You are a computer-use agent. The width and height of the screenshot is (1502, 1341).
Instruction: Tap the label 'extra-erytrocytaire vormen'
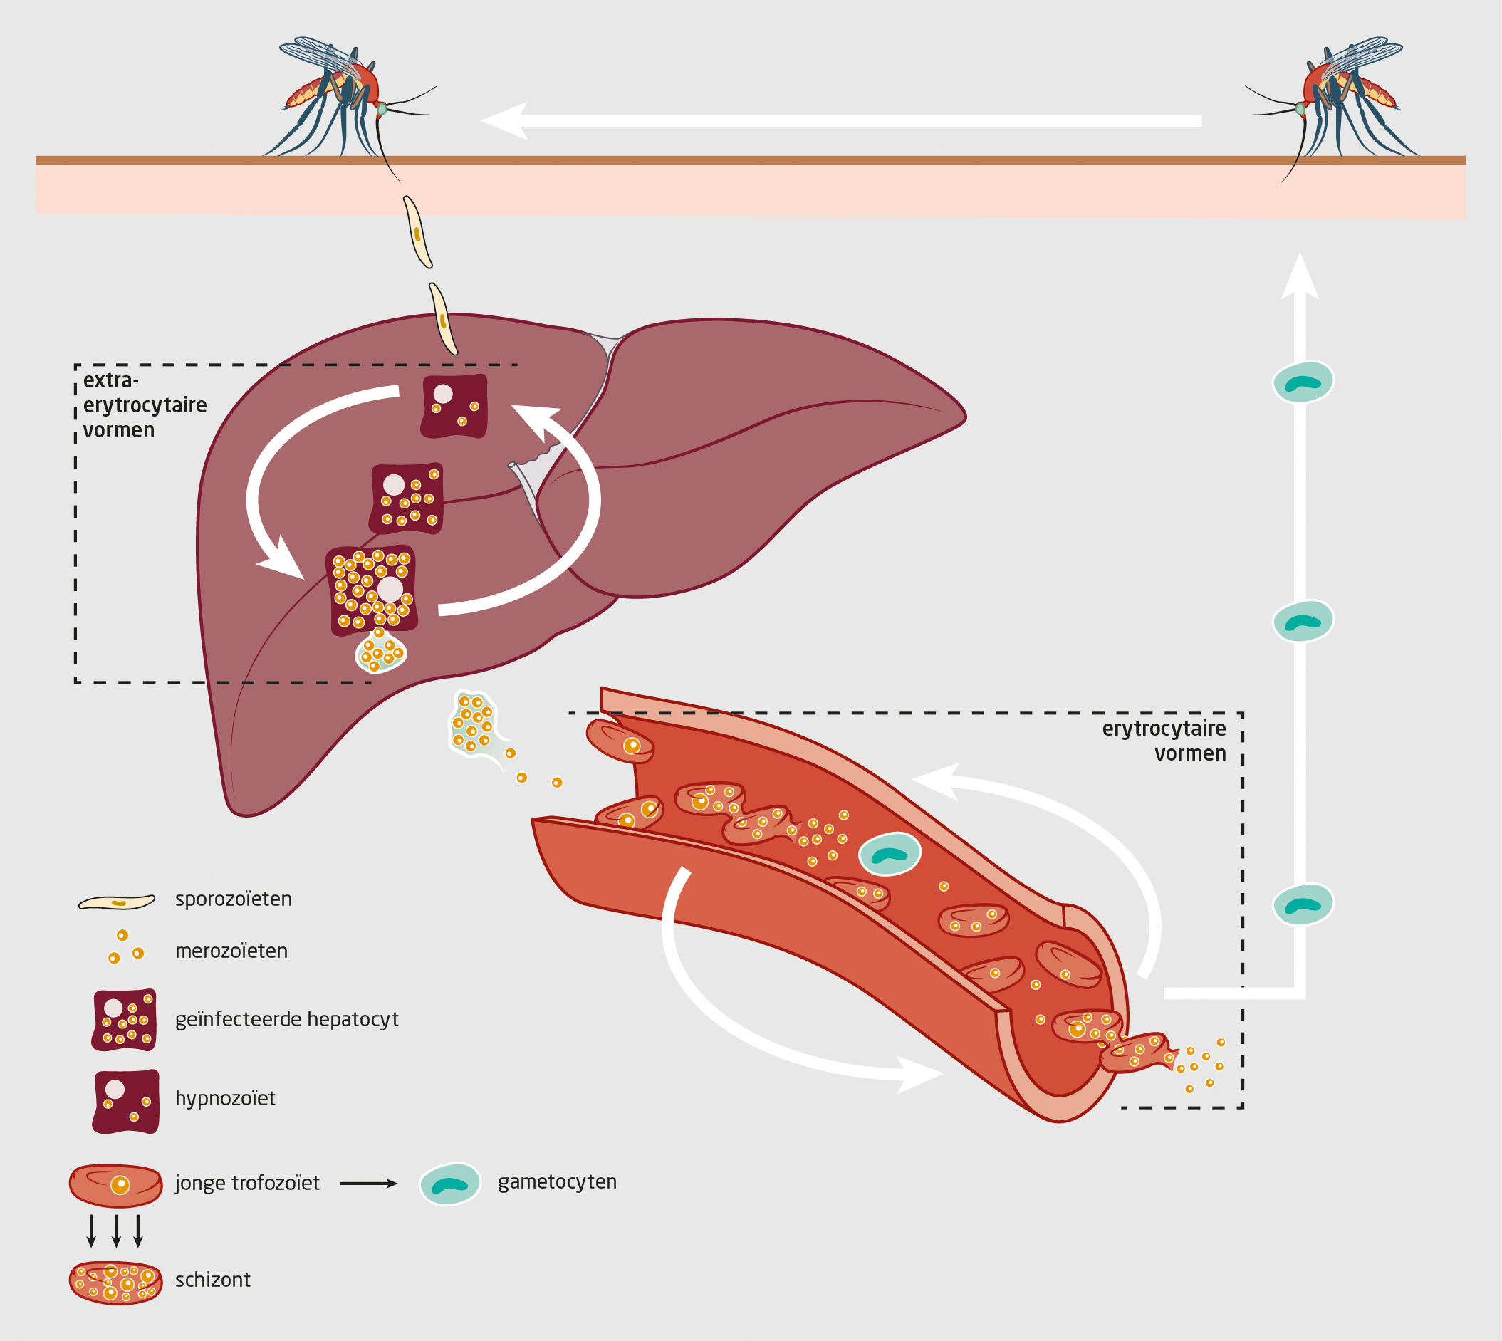point(145,405)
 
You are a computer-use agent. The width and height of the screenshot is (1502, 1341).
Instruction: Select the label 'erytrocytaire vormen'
point(1164,741)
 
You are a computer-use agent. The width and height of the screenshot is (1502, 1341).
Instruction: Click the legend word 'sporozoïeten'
point(233,899)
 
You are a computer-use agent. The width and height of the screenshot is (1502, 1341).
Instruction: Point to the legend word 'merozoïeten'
point(231,951)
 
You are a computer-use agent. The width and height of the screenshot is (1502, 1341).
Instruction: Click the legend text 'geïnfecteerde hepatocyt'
point(286,1019)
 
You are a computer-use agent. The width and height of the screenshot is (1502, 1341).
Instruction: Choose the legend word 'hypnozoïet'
point(225,1098)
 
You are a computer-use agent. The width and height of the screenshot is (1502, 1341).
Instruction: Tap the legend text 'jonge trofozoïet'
point(247,1183)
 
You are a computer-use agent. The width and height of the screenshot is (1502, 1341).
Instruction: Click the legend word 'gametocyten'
point(556,1181)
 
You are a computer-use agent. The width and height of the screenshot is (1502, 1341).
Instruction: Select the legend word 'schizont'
point(212,1279)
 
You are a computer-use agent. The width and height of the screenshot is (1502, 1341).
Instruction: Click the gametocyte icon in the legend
point(449,1184)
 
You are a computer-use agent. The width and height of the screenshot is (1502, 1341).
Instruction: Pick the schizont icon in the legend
point(115,1282)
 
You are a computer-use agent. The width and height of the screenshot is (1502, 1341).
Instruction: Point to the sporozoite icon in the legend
point(118,902)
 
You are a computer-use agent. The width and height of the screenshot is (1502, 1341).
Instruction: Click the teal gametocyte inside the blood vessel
point(890,854)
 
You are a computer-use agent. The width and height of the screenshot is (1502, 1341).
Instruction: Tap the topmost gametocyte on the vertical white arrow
point(1303,382)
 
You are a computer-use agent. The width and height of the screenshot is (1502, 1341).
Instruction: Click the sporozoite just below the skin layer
point(417,231)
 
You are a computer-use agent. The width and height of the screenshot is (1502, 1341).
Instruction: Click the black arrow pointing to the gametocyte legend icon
point(368,1184)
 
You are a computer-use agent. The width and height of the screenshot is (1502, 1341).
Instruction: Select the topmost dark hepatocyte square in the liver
point(454,406)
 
